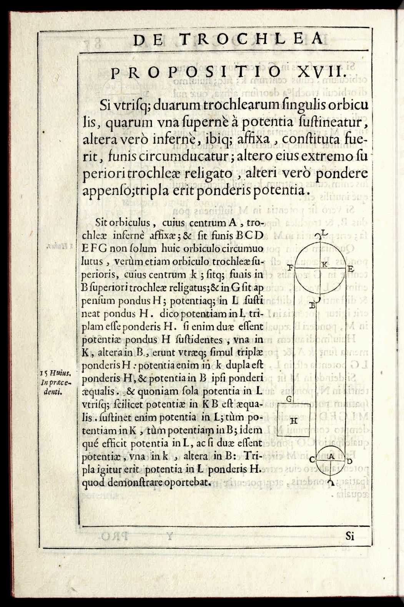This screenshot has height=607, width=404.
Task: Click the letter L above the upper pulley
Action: (x=325, y=233)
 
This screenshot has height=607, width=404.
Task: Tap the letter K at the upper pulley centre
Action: (x=325, y=264)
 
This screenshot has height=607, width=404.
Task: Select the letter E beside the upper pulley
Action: (x=350, y=269)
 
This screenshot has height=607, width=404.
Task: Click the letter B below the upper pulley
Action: (x=313, y=305)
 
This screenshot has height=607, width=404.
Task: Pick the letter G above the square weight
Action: (x=289, y=400)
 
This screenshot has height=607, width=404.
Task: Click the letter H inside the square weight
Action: (x=294, y=420)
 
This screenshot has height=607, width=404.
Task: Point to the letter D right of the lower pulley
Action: (x=349, y=461)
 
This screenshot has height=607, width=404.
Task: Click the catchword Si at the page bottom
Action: (x=349, y=536)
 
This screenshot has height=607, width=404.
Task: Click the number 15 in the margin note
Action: (x=44, y=372)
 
